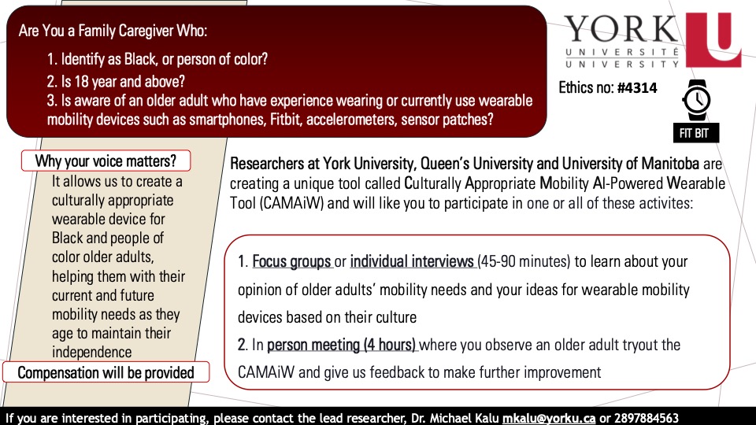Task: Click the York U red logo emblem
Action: click(713, 39)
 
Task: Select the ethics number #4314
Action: click(636, 88)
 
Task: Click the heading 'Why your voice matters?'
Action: click(106, 161)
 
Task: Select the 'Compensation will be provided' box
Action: click(106, 372)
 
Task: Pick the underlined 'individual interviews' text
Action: click(413, 261)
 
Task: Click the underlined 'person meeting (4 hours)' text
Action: click(342, 345)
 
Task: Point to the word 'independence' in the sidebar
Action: click(91, 352)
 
